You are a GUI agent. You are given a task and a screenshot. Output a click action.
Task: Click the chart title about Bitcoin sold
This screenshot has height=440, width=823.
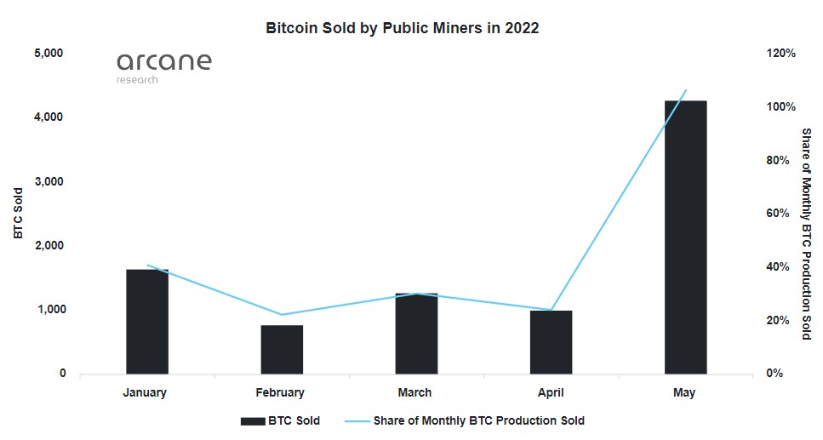tap(403, 28)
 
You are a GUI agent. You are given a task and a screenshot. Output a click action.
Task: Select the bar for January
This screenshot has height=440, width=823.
tap(147, 322)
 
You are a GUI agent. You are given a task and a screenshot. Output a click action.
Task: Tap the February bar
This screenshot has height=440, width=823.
tap(282, 349)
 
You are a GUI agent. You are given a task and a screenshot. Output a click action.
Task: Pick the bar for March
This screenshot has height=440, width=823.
tap(416, 334)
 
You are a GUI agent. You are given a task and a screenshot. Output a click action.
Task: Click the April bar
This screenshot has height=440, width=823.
tap(551, 342)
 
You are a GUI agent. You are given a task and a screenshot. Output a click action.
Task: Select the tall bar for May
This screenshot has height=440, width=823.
tap(685, 237)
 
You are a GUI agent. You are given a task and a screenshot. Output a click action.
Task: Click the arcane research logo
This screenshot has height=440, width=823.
tap(163, 67)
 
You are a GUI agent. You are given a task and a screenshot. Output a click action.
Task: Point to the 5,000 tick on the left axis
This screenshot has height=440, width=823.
tap(50, 53)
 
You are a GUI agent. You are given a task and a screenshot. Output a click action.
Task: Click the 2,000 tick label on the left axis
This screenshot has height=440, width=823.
tap(50, 245)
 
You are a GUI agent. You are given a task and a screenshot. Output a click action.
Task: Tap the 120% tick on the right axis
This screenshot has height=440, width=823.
tap(780, 53)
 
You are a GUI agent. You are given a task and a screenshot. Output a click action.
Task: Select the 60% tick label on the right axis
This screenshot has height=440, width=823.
tap(777, 214)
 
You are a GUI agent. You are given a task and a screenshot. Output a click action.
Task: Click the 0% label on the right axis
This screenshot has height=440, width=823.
tap(774, 374)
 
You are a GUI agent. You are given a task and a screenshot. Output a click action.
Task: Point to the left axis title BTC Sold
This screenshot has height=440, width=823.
tap(18, 214)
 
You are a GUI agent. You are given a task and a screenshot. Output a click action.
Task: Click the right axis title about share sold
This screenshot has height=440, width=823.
tap(806, 234)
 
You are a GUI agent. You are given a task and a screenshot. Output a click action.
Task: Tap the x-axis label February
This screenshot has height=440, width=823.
tap(280, 393)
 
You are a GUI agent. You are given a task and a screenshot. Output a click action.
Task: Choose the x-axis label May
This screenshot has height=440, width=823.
tap(683, 393)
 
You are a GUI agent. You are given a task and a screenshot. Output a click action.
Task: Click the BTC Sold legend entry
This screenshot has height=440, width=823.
tap(281, 420)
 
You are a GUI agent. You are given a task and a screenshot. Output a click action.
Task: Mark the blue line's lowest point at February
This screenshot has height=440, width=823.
tap(282, 315)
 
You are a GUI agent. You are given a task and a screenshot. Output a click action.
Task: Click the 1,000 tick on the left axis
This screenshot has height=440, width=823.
tap(50, 310)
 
